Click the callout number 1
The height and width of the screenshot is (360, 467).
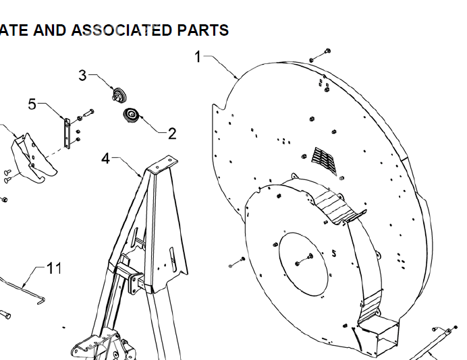198,57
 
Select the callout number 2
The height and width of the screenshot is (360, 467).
172,133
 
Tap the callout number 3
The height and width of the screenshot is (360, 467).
82,76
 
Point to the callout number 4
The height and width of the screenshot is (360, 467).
106,158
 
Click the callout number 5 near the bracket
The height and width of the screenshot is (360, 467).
32,104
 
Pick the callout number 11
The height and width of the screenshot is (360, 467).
54,268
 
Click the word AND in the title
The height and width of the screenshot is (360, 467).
49,30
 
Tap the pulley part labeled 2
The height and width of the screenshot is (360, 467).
131,115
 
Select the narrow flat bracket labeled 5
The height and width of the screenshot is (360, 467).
67,133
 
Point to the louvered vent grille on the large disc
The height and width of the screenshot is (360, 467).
325,160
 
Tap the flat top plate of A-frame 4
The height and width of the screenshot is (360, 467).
163,164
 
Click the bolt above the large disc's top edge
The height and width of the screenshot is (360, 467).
320,55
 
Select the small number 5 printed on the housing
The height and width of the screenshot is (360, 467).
334,253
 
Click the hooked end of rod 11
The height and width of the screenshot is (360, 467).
41,300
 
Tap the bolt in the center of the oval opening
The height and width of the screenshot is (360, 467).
304,260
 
